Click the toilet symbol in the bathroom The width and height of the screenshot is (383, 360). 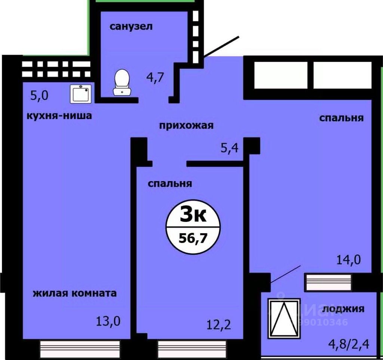tap(122, 82)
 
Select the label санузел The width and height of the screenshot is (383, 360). tap(131, 27)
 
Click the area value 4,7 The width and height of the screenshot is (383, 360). tap(155, 77)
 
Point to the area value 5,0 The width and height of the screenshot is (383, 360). tap(39, 96)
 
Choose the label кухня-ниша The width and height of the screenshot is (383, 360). tap(59, 116)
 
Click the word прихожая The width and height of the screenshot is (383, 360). tap(186, 125)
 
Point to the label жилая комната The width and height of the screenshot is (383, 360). tap(74, 293)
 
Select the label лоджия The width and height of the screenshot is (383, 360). tap(343, 309)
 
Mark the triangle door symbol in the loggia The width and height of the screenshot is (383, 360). tap(285, 318)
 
